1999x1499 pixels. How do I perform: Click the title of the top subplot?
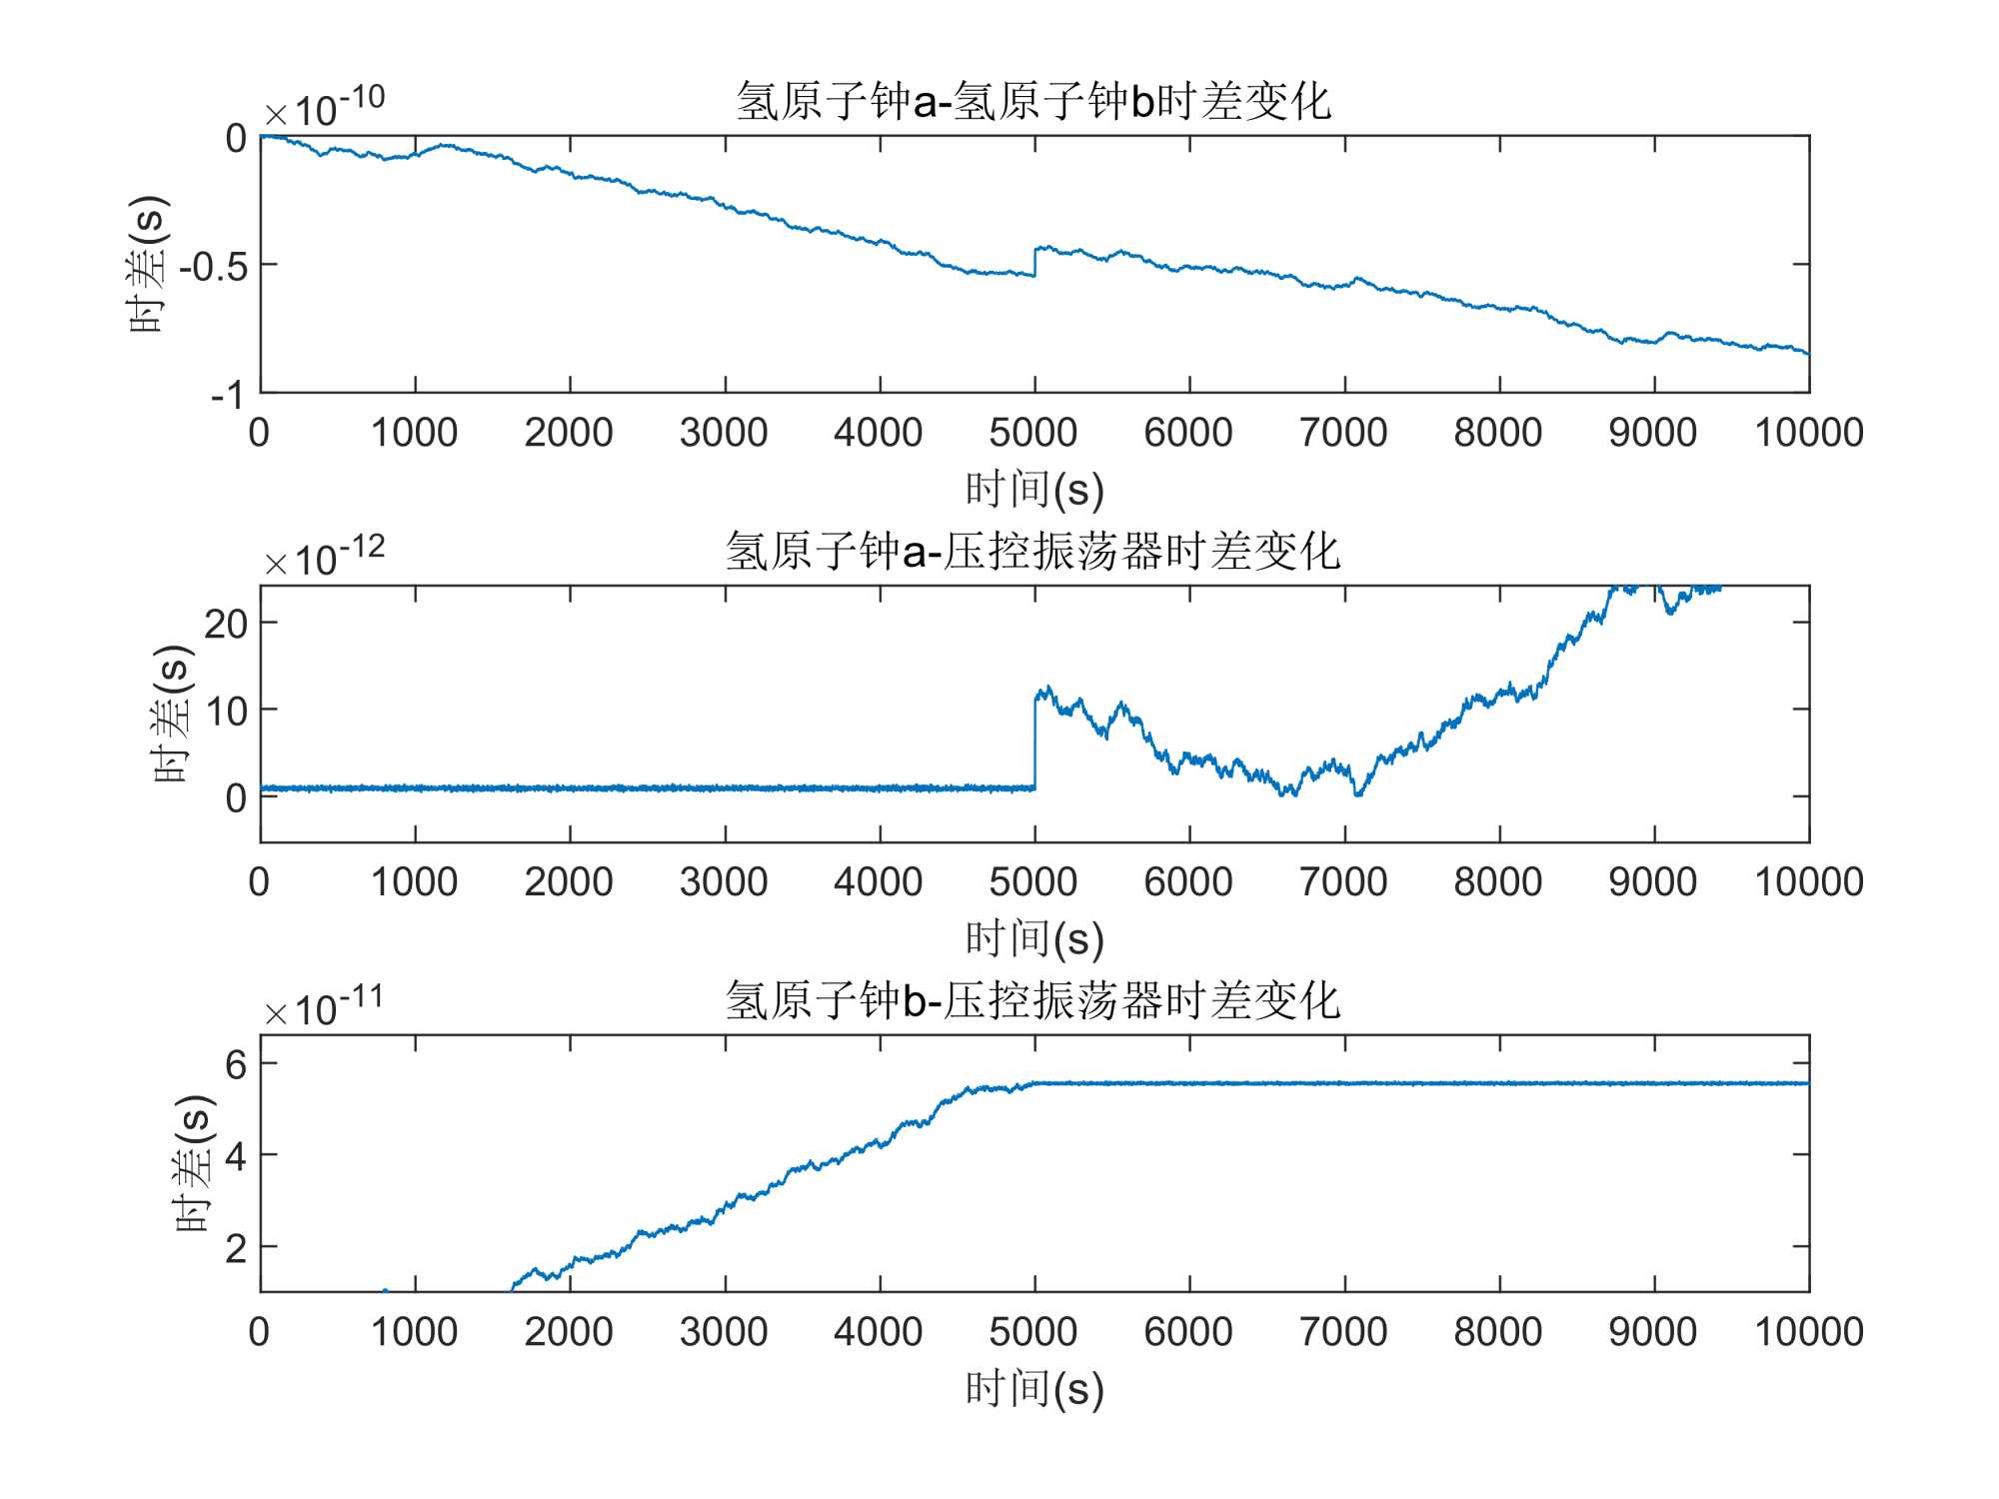pyautogui.click(x=1033, y=102)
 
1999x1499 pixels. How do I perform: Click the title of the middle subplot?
pyautogui.click(x=1033, y=552)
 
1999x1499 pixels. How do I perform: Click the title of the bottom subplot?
pyautogui.click(x=1033, y=1001)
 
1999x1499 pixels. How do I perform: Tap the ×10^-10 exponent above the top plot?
pyautogui.click(x=325, y=107)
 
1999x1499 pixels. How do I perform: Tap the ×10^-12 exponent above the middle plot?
pyautogui.click(x=325, y=557)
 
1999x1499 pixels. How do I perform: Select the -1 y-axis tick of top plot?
pyautogui.click(x=227, y=396)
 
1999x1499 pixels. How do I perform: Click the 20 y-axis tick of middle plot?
pyautogui.click(x=225, y=624)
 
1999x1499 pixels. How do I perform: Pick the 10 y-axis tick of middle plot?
pyautogui.click(x=225, y=712)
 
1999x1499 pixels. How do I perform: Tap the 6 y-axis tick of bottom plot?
pyautogui.click(x=236, y=1065)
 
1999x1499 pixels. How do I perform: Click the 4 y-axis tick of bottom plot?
pyautogui.click(x=236, y=1157)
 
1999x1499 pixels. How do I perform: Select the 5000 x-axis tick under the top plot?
pyautogui.click(x=1033, y=433)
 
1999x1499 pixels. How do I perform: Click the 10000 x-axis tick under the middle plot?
pyautogui.click(x=1809, y=882)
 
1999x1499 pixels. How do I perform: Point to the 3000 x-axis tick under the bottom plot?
pyautogui.click(x=724, y=1332)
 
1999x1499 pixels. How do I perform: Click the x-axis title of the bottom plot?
pyautogui.click(x=1033, y=1389)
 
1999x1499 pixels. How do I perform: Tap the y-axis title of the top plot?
pyautogui.click(x=148, y=265)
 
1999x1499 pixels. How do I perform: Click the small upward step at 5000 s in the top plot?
pyautogui.click(x=1034, y=261)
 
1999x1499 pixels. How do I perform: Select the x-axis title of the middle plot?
pyautogui.click(x=1033, y=939)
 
